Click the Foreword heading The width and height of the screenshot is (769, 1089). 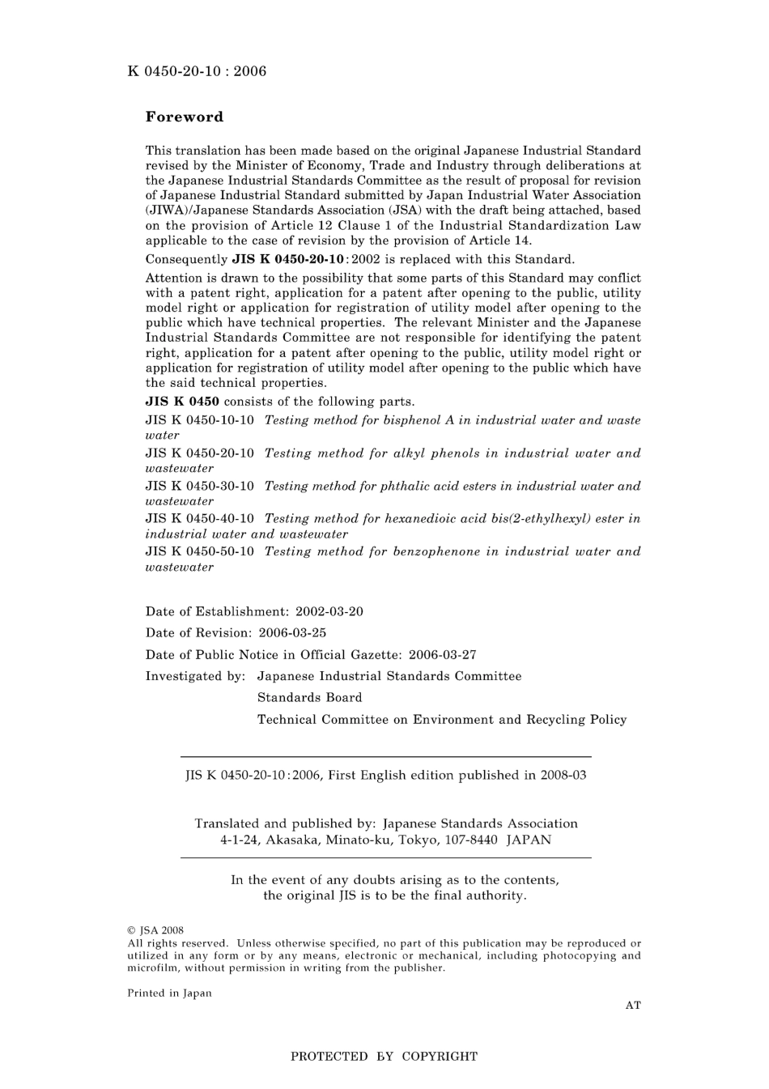pyautogui.click(x=184, y=117)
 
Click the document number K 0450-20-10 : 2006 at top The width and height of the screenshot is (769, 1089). pyautogui.click(x=197, y=71)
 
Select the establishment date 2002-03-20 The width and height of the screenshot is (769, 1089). pyautogui.click(x=329, y=611)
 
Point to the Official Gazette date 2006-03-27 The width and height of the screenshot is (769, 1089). pyautogui.click(x=442, y=655)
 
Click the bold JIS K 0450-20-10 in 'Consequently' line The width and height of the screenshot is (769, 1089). pyautogui.click(x=288, y=260)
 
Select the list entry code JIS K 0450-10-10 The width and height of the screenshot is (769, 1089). pyautogui.click(x=199, y=420)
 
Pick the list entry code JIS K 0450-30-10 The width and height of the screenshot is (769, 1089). pyautogui.click(x=199, y=487)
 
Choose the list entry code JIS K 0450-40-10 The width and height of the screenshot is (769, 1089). pyautogui.click(x=199, y=519)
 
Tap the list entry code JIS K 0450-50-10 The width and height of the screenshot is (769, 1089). pyautogui.click(x=199, y=552)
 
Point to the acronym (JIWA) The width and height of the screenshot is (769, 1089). pyautogui.click(x=168, y=211)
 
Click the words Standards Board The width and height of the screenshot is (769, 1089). pyautogui.click(x=309, y=698)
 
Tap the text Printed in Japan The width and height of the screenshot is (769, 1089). pyautogui.click(x=169, y=993)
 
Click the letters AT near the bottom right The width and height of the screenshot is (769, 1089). pyautogui.click(x=633, y=1006)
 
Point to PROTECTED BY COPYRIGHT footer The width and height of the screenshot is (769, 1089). pyautogui.click(x=384, y=1057)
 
